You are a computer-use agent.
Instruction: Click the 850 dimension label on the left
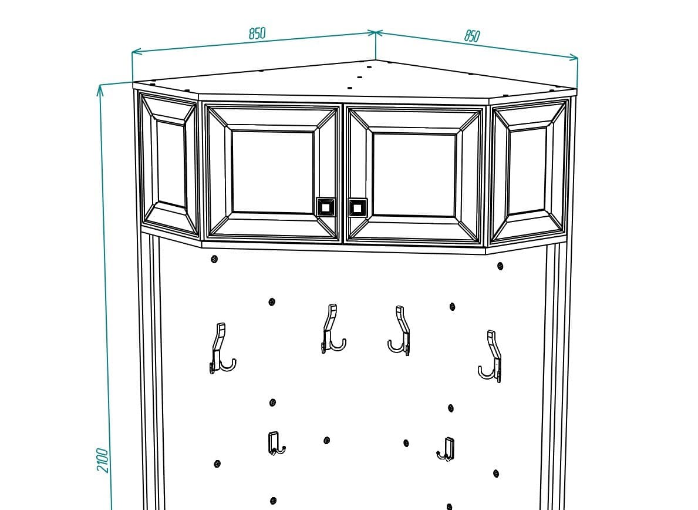[x=257, y=33]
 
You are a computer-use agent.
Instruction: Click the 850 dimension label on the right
[x=472, y=36]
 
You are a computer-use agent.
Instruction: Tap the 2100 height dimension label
[x=103, y=460]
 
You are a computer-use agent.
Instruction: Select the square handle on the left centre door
[x=326, y=207]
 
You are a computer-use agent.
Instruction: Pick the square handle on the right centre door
[x=358, y=207]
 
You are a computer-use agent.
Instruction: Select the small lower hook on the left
[x=275, y=443]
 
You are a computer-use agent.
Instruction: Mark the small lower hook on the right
[x=447, y=449]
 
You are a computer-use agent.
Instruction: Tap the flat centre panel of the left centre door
[x=272, y=172]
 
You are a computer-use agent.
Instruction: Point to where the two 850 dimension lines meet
[x=376, y=32]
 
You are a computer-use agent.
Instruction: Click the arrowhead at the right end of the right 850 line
[x=576, y=58]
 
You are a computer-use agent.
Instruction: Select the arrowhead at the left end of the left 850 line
[x=134, y=53]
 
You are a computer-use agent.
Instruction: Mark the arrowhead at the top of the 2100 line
[x=100, y=88]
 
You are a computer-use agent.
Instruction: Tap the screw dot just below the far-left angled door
[x=214, y=259]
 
